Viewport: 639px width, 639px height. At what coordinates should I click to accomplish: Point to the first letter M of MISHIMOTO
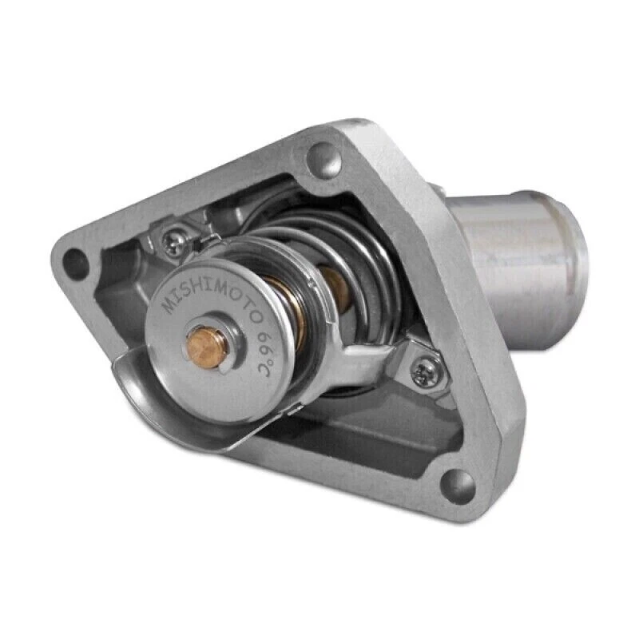pyautogui.click(x=170, y=306)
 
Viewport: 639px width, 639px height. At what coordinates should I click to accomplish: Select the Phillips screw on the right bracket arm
pyautogui.click(x=422, y=370)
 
